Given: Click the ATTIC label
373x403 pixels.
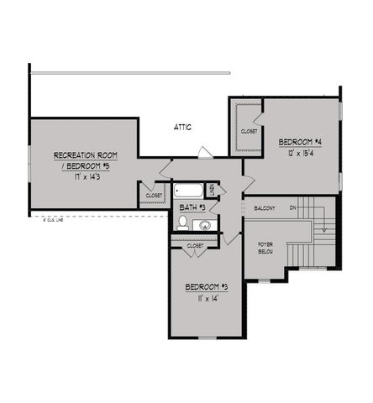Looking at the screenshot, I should pos(182,128).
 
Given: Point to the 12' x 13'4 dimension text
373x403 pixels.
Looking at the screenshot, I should pos(299,153).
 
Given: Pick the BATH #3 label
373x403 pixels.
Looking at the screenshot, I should pos(194,207).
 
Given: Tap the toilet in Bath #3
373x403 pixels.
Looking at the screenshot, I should pos(182,222).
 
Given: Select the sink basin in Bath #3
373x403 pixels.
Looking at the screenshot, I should pos(204,224).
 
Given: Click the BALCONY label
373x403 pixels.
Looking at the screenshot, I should pos(264,207).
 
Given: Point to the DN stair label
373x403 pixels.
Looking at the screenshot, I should pos(293,207).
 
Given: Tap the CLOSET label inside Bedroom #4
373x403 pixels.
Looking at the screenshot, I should pos(249,132).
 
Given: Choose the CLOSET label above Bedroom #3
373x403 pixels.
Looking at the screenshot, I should pos(195,245).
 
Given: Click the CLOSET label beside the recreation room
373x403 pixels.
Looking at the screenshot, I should pos(154,196).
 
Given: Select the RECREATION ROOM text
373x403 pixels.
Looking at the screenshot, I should pos(85,155).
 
